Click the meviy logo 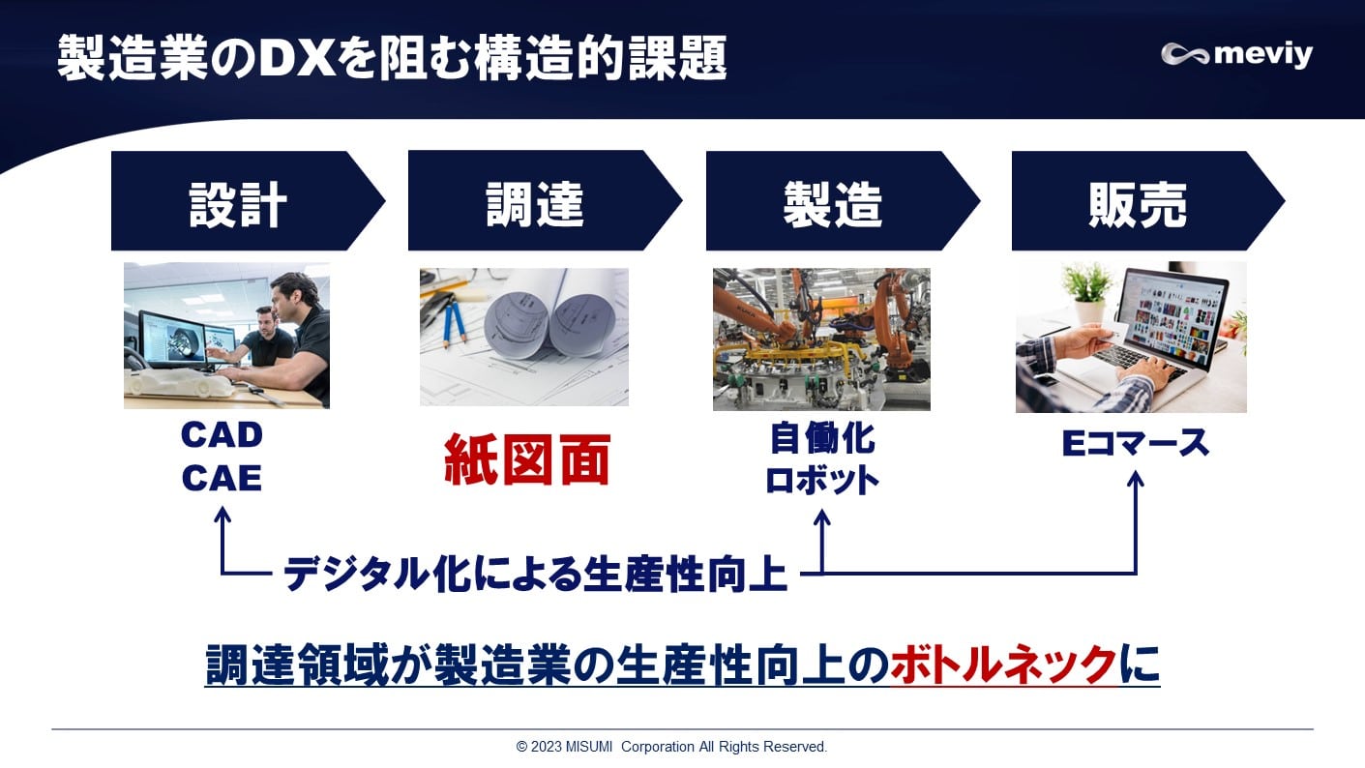coord(1236,54)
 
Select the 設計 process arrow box coord(238,202)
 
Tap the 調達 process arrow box coord(535,202)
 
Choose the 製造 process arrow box coord(833,202)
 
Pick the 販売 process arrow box coord(1138,202)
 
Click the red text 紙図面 coord(527,460)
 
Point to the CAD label coord(222,435)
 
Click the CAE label coord(222,478)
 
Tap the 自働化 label coord(821,439)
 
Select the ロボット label coord(821,480)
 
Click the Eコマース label coord(1136,443)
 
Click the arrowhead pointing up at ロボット coord(822,517)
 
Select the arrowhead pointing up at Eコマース coord(1136,479)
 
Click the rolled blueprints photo coord(523,336)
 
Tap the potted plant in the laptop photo coord(1087,289)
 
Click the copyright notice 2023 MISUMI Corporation coord(671,747)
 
